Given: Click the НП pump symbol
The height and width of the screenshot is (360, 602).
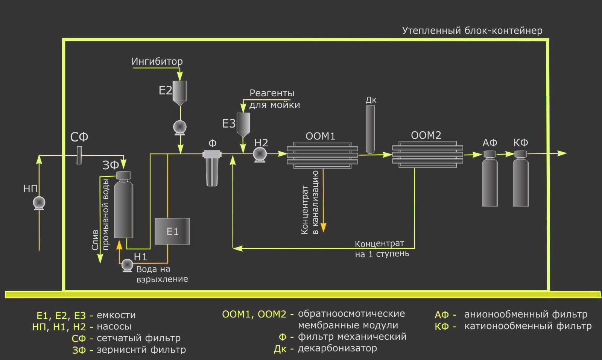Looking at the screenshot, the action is coord(39,203).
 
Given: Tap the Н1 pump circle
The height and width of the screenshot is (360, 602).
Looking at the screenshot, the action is coord(127,266).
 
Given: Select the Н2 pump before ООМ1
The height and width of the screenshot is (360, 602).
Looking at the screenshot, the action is coord(260,155).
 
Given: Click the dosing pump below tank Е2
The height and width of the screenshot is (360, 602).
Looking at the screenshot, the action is coord(180,128).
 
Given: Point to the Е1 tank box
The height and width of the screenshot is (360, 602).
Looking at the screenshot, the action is coord(172,231).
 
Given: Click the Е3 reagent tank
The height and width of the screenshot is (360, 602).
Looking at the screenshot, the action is coord(243,125).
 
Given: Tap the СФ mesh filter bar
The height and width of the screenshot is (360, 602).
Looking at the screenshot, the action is coord(79,155).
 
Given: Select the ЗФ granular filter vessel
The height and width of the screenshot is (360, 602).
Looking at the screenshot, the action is coord(124,205).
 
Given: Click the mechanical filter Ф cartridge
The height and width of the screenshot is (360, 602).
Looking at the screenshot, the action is coord(212,168).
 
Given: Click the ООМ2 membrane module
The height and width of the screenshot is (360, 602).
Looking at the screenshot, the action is coord(427,155).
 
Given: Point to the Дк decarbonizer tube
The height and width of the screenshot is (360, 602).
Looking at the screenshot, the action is coord(370,129).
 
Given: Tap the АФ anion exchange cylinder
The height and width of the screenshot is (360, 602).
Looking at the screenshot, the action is coord(490,178).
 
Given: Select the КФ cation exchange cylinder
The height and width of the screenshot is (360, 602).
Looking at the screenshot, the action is coord(521,178).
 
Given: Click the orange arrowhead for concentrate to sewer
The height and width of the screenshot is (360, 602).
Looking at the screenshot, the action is coord(324,227).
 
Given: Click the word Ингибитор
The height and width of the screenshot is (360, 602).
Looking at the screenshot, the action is coord(157,62).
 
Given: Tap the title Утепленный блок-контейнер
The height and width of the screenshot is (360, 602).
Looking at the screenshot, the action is coord(472,30).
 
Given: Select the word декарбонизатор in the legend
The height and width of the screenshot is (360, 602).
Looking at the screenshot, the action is coord(337,348).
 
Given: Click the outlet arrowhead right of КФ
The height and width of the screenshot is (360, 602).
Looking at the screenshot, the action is coord(562,153).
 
